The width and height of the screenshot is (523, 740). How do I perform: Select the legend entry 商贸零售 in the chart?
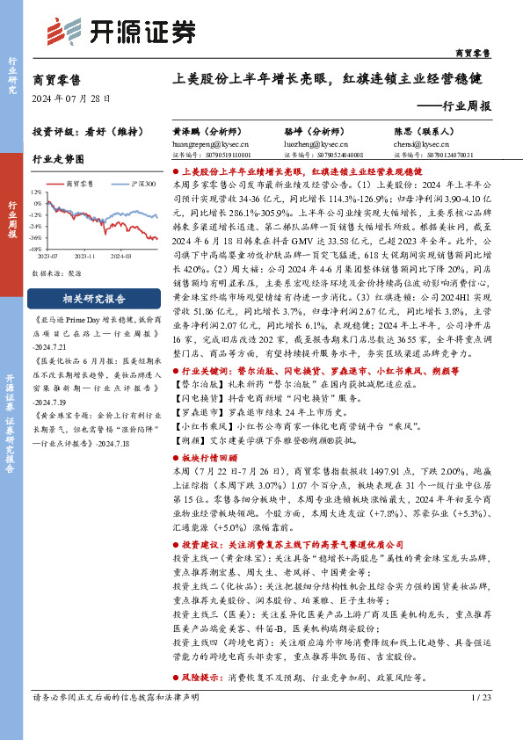pyautogui.click(x=80, y=184)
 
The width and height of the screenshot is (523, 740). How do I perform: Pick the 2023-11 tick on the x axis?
pyautogui.click(x=85, y=257)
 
